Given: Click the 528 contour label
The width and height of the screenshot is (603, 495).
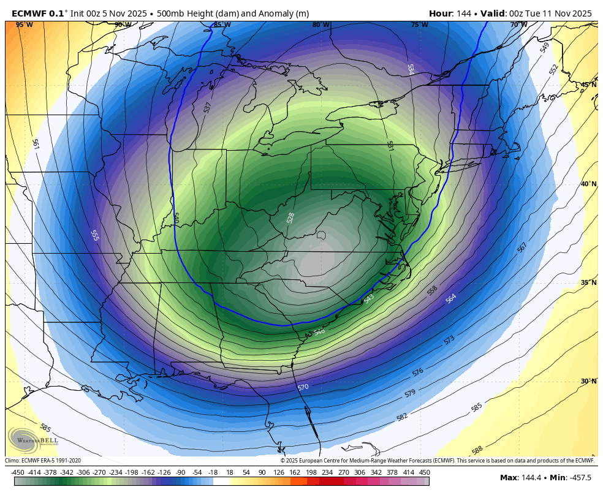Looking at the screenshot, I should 290,217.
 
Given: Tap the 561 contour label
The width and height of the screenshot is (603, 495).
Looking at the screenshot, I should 35,144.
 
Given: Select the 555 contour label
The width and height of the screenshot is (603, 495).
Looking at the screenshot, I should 94,235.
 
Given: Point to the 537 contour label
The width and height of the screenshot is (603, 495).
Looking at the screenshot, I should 208,107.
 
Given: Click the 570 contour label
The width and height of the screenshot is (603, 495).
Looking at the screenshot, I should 303,387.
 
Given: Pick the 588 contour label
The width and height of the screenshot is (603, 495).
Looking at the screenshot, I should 477,450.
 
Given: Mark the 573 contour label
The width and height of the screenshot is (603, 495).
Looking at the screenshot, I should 449,339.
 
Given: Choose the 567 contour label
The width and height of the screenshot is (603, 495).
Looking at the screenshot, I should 521,247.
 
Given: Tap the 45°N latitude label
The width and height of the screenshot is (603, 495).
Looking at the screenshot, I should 588,85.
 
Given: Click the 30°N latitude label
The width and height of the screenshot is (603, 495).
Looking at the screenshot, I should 588,381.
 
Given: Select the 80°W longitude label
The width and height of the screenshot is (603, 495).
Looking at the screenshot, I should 320,25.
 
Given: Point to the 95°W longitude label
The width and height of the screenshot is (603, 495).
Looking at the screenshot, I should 25,25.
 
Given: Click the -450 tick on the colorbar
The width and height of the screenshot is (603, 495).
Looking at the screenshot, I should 18,472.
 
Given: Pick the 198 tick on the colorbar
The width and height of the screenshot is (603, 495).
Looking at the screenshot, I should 311,472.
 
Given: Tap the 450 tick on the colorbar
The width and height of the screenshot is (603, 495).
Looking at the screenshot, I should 424,472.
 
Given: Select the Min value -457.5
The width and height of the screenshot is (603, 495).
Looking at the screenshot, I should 578,478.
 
